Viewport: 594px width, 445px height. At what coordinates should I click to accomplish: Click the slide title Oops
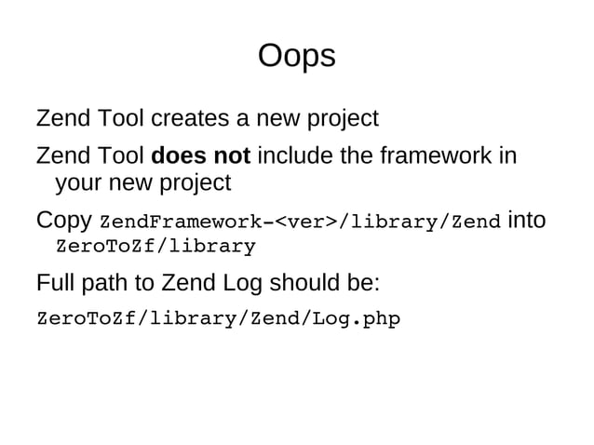pyautogui.click(x=296, y=57)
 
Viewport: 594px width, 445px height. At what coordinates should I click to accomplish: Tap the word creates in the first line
pyautogui.click(x=188, y=119)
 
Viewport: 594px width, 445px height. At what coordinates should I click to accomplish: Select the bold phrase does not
pyautogui.click(x=200, y=154)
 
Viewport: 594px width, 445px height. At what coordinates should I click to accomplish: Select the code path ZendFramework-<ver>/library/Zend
pyautogui.click(x=300, y=222)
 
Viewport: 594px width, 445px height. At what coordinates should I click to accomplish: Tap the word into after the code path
pyautogui.click(x=527, y=221)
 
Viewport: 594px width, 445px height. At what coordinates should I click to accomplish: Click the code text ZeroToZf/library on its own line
pyautogui.click(x=155, y=248)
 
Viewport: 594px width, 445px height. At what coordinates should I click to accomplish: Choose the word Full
pyautogui.click(x=56, y=282)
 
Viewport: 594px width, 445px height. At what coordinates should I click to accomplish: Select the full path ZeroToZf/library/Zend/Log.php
pyautogui.click(x=218, y=319)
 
